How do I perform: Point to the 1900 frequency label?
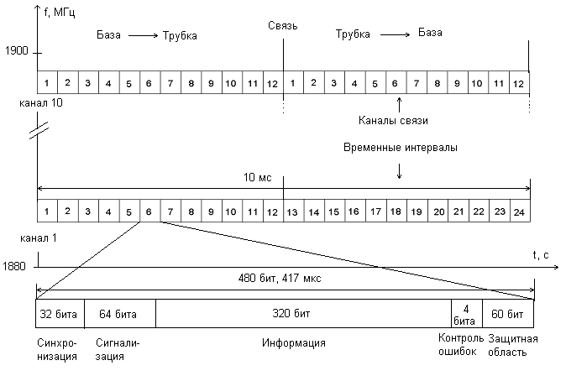[16, 51]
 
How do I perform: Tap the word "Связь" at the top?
[284, 27]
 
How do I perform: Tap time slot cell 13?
[293, 212]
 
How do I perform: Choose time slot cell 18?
[396, 212]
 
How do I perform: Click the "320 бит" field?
[304, 314]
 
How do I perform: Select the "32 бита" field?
[59, 314]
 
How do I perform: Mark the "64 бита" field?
[119, 314]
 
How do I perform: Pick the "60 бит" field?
[508, 314]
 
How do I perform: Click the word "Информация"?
[294, 343]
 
